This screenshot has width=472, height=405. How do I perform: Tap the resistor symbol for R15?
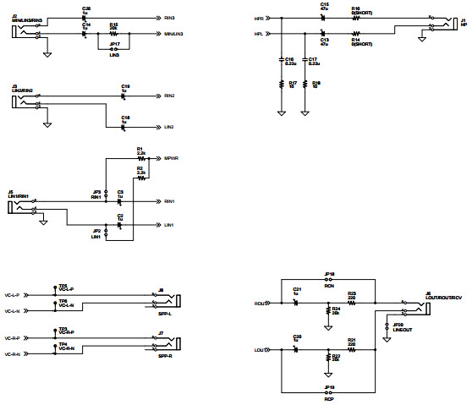(113, 34)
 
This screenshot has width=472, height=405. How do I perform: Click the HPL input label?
(258, 34)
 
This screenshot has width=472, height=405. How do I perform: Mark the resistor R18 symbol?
(305, 84)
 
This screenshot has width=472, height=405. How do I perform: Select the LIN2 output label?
(168, 127)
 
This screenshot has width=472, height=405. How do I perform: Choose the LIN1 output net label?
(168, 225)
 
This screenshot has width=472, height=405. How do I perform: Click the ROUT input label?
(260, 303)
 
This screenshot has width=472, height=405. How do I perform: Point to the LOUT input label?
(260, 349)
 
